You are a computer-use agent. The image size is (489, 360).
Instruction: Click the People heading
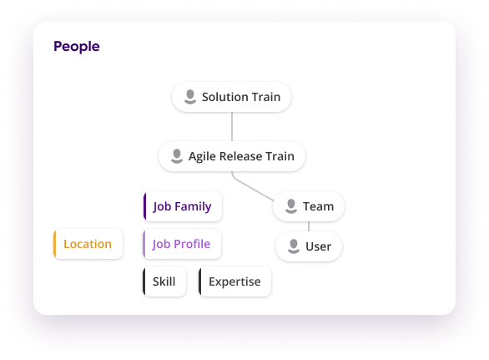click(76, 47)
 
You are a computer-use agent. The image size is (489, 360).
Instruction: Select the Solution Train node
click(231, 97)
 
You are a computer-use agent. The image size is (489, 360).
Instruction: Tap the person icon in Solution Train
click(189, 97)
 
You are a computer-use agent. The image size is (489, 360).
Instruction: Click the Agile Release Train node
click(231, 156)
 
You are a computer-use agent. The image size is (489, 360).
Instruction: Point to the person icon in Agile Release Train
click(176, 156)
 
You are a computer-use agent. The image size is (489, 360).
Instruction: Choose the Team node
click(309, 206)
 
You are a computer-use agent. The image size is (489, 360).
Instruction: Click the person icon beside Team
click(291, 206)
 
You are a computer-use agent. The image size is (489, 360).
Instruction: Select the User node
click(308, 246)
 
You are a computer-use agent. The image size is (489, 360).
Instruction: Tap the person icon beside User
click(294, 246)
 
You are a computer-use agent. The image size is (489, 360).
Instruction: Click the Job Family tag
click(182, 206)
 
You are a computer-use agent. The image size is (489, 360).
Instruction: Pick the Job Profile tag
click(182, 244)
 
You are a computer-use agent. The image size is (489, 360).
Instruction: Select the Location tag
click(88, 244)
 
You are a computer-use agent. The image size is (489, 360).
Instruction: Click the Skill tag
click(164, 281)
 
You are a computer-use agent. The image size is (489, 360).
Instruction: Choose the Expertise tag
click(234, 281)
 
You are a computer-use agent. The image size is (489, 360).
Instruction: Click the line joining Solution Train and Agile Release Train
click(231, 126)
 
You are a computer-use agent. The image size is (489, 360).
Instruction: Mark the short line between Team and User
click(309, 226)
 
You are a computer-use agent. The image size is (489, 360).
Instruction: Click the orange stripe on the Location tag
click(54, 244)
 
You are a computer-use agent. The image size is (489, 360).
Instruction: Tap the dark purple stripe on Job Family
click(145, 206)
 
